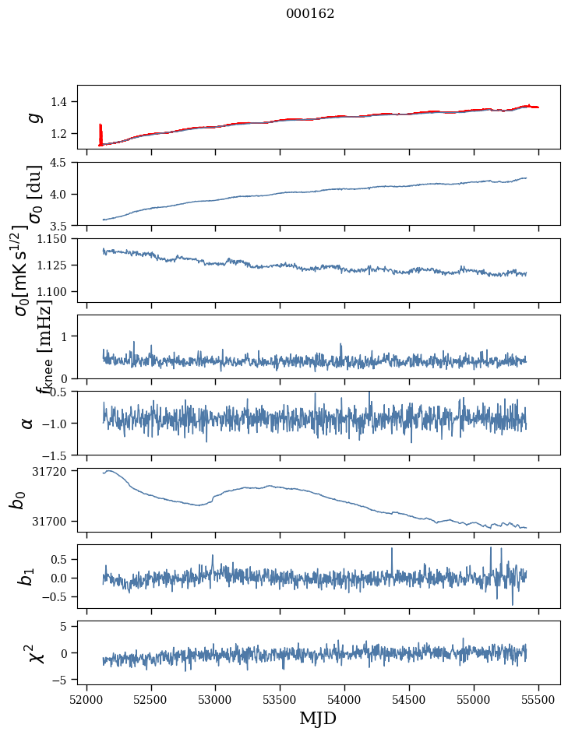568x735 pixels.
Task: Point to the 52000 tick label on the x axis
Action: pos(86,698)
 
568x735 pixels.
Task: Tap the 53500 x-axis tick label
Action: pos(280,698)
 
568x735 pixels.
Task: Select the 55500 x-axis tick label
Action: pos(539,698)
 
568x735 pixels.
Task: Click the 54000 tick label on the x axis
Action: pos(345,698)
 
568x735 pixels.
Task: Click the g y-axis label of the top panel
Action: pos(33,117)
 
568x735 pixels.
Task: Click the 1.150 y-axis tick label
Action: pos(56,239)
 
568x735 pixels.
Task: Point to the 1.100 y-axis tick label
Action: pos(56,291)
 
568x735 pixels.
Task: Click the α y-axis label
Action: pos(28,423)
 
